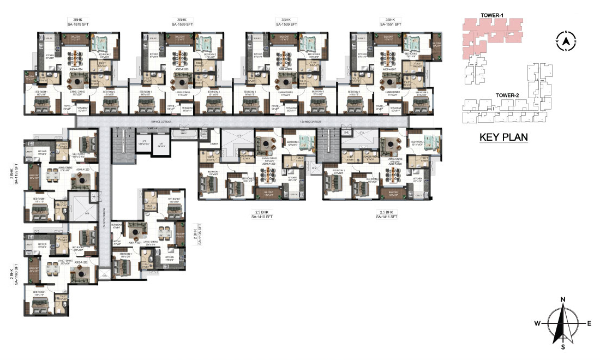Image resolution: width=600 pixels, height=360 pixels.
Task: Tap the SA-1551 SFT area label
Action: point(390,25)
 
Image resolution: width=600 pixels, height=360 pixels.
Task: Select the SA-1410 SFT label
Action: point(262,217)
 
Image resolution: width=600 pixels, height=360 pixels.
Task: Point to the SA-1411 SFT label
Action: point(387,217)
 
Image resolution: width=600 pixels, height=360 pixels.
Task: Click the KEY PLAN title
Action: point(503,137)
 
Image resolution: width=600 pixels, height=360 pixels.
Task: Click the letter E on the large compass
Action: point(589,323)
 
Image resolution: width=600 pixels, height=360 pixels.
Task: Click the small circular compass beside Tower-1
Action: point(566,40)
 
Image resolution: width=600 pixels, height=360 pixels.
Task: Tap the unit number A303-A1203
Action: point(82,170)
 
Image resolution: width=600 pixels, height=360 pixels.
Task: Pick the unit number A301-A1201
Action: point(135,243)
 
